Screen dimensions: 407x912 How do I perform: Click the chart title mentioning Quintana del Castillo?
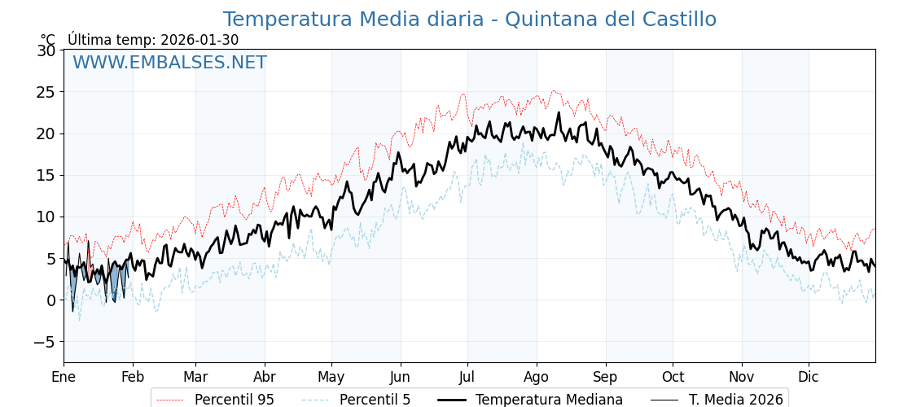pos(470,20)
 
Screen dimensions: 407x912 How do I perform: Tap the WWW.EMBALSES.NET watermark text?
pos(169,63)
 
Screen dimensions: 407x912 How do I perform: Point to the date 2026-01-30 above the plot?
pos(199,40)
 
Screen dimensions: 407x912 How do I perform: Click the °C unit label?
pos(48,40)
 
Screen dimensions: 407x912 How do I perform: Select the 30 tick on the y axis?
pos(46,50)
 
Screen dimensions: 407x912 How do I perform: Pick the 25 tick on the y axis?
pos(46,92)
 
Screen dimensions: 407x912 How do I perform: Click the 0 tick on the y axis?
pos(51,300)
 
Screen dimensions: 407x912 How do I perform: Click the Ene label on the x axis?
pos(64,378)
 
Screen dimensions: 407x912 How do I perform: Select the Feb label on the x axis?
pos(133,378)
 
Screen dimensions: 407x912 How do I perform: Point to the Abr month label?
pos(265,378)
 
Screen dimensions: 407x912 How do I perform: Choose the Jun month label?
pos(400,378)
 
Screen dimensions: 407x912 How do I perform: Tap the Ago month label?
pos(537,378)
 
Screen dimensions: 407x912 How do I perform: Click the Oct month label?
pos(673,378)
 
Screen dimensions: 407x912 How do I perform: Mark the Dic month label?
pos(809,378)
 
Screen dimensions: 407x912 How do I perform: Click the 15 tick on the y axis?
pos(46,175)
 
